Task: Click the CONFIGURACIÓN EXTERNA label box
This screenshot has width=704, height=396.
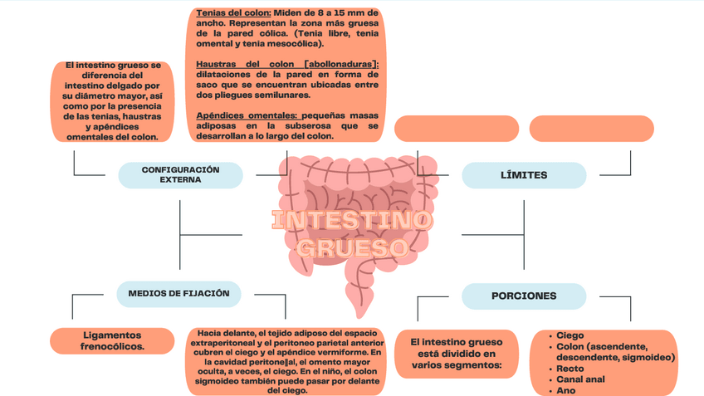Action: point(180,174)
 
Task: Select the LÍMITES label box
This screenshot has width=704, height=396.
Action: point(524,175)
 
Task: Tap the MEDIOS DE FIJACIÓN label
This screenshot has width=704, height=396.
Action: point(178,294)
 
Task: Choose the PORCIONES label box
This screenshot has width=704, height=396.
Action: point(524,296)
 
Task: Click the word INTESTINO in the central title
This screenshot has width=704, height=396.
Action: point(352,222)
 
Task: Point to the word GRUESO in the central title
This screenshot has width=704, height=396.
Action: point(352,248)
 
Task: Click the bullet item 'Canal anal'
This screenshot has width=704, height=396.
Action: point(580,379)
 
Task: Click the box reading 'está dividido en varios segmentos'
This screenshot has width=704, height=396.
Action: point(457,353)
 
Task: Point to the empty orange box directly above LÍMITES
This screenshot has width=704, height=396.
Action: point(456,129)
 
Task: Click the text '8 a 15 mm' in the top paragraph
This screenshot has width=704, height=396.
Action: point(338,14)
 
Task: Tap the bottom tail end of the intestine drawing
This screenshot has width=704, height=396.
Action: point(358,314)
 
